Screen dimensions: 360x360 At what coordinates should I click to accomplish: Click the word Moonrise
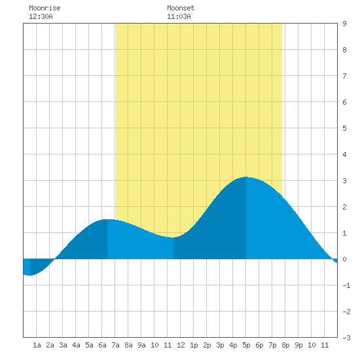(45, 8)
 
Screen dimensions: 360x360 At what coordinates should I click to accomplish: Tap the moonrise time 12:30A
(41, 16)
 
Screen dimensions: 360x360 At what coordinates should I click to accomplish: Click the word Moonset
(181, 8)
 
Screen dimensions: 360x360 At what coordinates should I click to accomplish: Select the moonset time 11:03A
(179, 16)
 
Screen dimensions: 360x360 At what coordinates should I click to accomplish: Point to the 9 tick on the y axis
(344, 24)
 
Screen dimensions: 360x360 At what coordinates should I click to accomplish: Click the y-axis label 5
(344, 128)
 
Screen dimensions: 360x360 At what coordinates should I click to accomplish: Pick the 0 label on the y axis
(344, 259)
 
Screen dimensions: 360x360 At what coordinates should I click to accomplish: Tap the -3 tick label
(346, 338)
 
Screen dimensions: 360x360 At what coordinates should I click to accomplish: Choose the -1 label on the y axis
(346, 285)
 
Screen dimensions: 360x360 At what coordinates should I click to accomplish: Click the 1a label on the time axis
(37, 345)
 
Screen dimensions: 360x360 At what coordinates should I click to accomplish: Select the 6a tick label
(102, 345)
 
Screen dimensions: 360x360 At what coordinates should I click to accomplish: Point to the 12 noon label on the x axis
(181, 345)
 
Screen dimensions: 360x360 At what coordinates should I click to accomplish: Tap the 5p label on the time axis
(246, 345)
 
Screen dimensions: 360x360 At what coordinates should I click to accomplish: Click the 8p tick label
(285, 345)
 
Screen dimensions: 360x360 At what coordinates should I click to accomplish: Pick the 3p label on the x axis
(220, 345)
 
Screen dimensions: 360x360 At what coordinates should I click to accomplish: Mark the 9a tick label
(141, 345)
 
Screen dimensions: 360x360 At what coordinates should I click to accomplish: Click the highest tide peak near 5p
(246, 177)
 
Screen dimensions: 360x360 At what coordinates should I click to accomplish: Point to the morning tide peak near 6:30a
(107, 219)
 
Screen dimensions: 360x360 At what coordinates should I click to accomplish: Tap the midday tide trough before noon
(173, 238)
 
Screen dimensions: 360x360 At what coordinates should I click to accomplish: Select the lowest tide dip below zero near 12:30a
(30, 275)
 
